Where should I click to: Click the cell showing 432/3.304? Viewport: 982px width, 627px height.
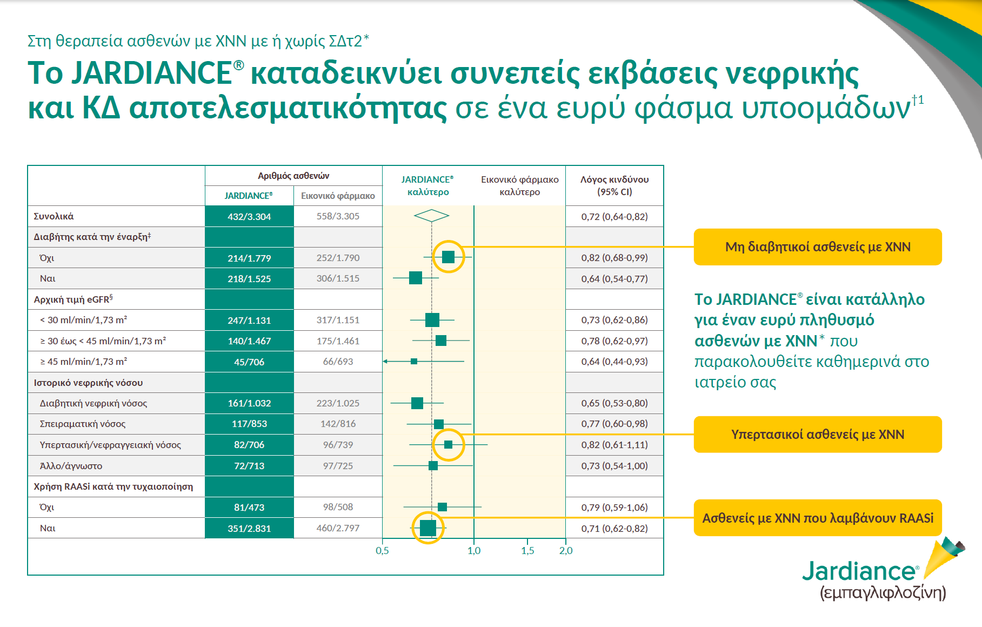tap(249, 217)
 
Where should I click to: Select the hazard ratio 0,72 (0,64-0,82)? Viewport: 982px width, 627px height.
tap(614, 217)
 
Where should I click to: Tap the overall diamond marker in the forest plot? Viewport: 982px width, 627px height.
tap(431, 216)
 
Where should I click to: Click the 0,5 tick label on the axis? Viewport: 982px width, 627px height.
tap(382, 551)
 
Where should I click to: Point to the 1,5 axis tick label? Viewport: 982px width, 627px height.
tap(527, 551)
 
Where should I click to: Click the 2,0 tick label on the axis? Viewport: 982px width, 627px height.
tap(566, 551)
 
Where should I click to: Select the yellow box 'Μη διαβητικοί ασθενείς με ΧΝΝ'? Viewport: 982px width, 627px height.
tap(817, 247)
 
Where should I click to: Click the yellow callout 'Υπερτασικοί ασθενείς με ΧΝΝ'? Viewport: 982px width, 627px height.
tap(817, 435)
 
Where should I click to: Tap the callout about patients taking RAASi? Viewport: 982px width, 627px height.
tap(817, 518)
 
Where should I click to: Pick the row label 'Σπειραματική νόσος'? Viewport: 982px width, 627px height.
tap(83, 424)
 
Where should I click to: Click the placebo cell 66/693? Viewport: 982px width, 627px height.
tap(338, 362)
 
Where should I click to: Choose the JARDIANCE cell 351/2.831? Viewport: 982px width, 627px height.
tap(249, 529)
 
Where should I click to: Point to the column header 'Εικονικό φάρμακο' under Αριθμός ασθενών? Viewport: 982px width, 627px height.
tap(338, 196)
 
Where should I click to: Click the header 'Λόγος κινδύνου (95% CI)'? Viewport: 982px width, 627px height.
tap(614, 185)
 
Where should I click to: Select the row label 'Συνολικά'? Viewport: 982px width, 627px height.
tap(54, 216)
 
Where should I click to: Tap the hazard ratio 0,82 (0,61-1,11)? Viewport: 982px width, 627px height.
tap(614, 445)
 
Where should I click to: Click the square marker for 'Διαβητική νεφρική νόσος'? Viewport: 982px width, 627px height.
tap(417, 403)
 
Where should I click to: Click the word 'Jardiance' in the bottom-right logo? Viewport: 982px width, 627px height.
tap(859, 571)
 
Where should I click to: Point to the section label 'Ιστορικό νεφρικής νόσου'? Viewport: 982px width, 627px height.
tap(88, 383)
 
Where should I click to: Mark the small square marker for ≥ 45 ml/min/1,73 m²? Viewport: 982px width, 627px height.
tap(414, 361)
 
